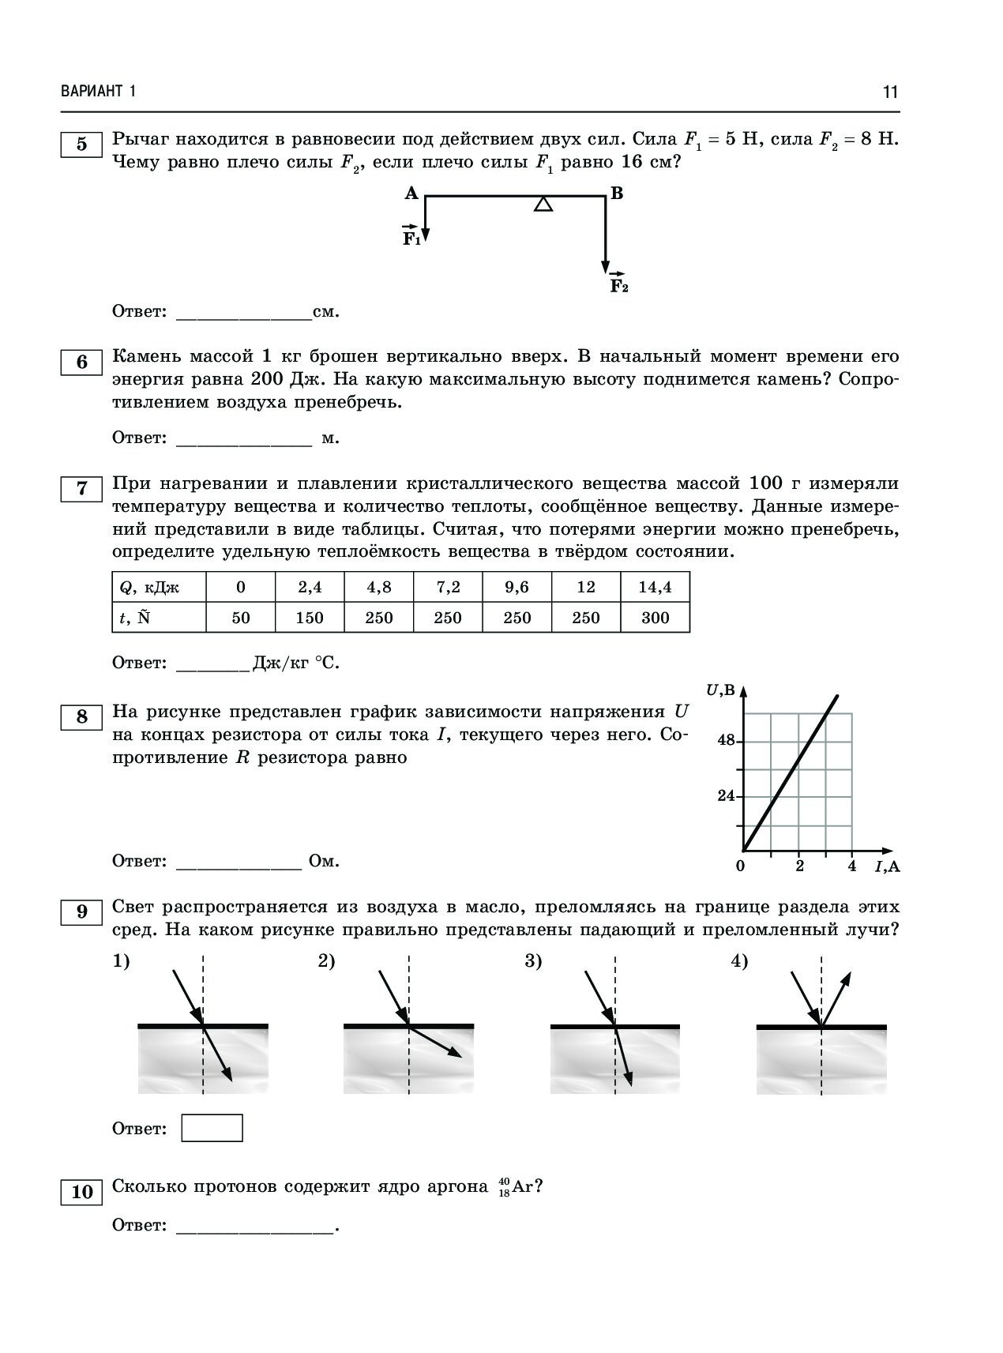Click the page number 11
[890, 92]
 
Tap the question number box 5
[81, 145]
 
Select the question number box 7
[81, 489]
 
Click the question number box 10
[82, 1192]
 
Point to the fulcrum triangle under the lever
[543, 205]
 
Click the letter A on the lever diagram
[411, 194]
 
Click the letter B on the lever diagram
[617, 194]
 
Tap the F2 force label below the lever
[618, 285]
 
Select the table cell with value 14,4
[655, 588]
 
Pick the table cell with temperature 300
[655, 618]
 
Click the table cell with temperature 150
[310, 618]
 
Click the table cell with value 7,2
[448, 588]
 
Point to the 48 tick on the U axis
[726, 741]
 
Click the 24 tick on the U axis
[726, 796]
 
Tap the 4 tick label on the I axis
[851, 866]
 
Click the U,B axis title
[719, 690]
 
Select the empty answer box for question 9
[212, 1128]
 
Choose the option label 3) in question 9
[533, 961]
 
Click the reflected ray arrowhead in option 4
[847, 977]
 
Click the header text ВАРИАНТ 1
[99, 92]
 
